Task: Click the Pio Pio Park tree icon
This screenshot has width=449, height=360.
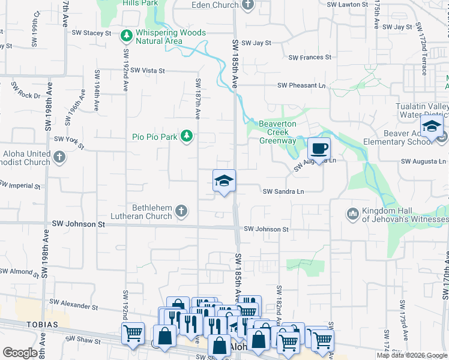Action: click(187, 137)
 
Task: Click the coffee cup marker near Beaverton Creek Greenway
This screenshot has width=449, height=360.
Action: click(319, 148)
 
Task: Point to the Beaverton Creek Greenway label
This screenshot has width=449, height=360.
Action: click(277, 133)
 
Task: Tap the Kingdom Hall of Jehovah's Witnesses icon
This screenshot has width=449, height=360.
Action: click(352, 213)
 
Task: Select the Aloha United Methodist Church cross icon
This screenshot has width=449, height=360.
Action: click(59, 158)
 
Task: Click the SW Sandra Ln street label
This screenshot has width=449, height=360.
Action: click(284, 192)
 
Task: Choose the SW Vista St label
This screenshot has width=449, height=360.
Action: click(147, 71)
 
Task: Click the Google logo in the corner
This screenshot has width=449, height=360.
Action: click(20, 353)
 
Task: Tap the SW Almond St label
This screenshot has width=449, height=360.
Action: click(20, 272)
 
